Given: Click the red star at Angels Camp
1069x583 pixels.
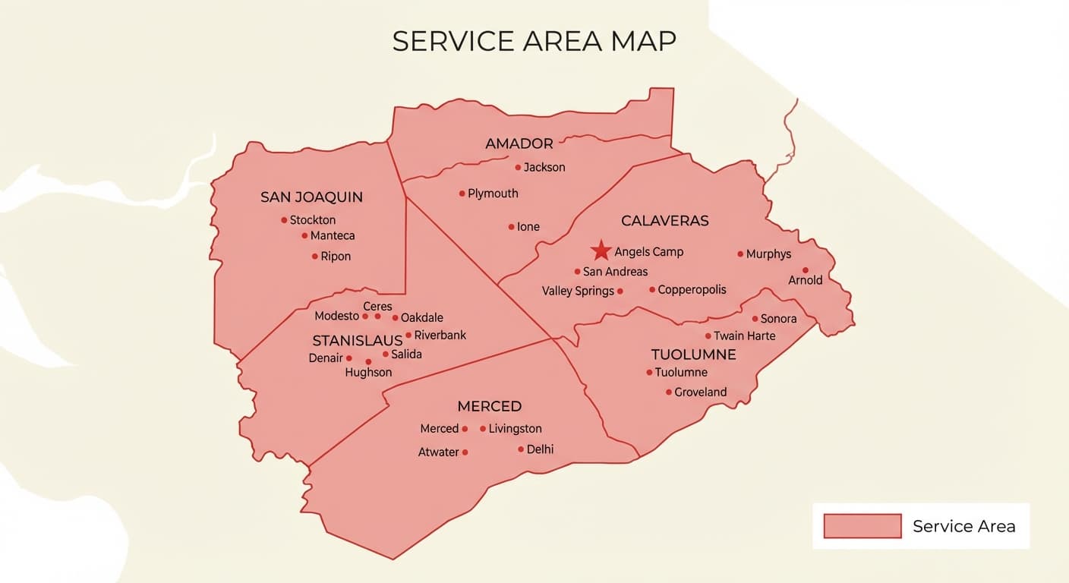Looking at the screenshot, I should pyautogui.click(x=601, y=251).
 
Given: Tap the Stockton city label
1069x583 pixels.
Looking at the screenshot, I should pyautogui.click(x=313, y=220).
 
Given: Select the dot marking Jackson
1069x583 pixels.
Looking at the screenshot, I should pyautogui.click(x=518, y=167).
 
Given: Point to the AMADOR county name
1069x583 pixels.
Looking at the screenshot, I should pyautogui.click(x=519, y=143).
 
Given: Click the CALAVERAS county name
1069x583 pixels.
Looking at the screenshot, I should pyautogui.click(x=664, y=221).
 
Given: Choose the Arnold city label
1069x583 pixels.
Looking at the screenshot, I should pyautogui.click(x=805, y=280).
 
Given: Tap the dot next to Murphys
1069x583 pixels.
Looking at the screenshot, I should pyautogui.click(x=740, y=254).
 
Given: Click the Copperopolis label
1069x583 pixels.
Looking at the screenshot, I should pyautogui.click(x=692, y=289).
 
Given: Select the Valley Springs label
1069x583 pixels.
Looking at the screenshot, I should pyautogui.click(x=578, y=291).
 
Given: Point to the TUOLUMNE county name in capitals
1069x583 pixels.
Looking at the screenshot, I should pyautogui.click(x=693, y=355).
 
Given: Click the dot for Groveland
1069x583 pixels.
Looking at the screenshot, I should pyautogui.click(x=668, y=392).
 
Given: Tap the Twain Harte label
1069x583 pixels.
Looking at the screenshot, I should pyautogui.click(x=744, y=336).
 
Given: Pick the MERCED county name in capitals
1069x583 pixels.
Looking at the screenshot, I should pyautogui.click(x=489, y=406).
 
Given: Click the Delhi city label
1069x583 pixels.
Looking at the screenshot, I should pyautogui.click(x=540, y=449).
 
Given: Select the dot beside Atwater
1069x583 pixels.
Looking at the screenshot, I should pyautogui.click(x=465, y=452).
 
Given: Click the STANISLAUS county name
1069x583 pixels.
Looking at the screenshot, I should pyautogui.click(x=357, y=340).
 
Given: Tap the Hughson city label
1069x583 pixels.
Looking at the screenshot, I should pyautogui.click(x=368, y=372).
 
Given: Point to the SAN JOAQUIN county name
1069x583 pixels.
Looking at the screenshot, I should pyautogui.click(x=311, y=197).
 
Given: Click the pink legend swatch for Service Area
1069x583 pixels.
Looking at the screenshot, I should pyautogui.click(x=862, y=526).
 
